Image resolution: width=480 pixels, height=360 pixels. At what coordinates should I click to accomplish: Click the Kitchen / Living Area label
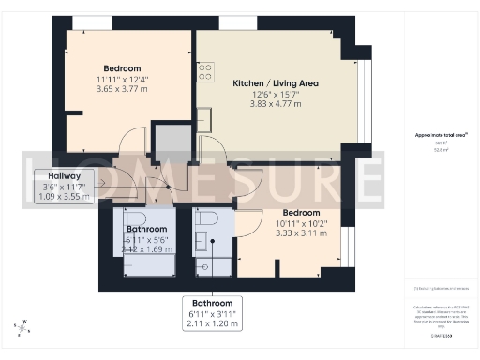pyautogui.click(x=276, y=83)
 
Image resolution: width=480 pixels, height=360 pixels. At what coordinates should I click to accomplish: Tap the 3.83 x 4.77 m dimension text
pyautogui.click(x=276, y=103)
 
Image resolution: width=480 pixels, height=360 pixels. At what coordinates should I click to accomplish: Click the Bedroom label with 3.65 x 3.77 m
pyautogui.click(x=122, y=68)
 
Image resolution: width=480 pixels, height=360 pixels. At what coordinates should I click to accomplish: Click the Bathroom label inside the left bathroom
pyautogui.click(x=147, y=228)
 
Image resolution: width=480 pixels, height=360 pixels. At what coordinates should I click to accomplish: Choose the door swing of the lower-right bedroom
pyautogui.click(x=248, y=223)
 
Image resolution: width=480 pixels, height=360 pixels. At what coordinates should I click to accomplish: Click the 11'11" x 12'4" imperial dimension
pyautogui.click(x=122, y=79)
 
